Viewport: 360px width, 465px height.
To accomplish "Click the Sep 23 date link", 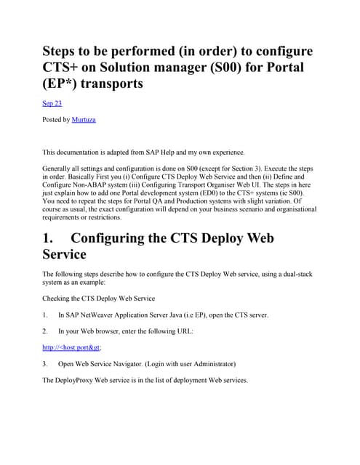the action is [x=52, y=103].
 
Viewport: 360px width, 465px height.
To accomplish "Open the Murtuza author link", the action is [x=83, y=118].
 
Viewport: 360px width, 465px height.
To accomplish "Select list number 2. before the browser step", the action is [x=47, y=331].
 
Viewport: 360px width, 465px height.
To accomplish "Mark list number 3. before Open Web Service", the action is [x=47, y=363].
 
